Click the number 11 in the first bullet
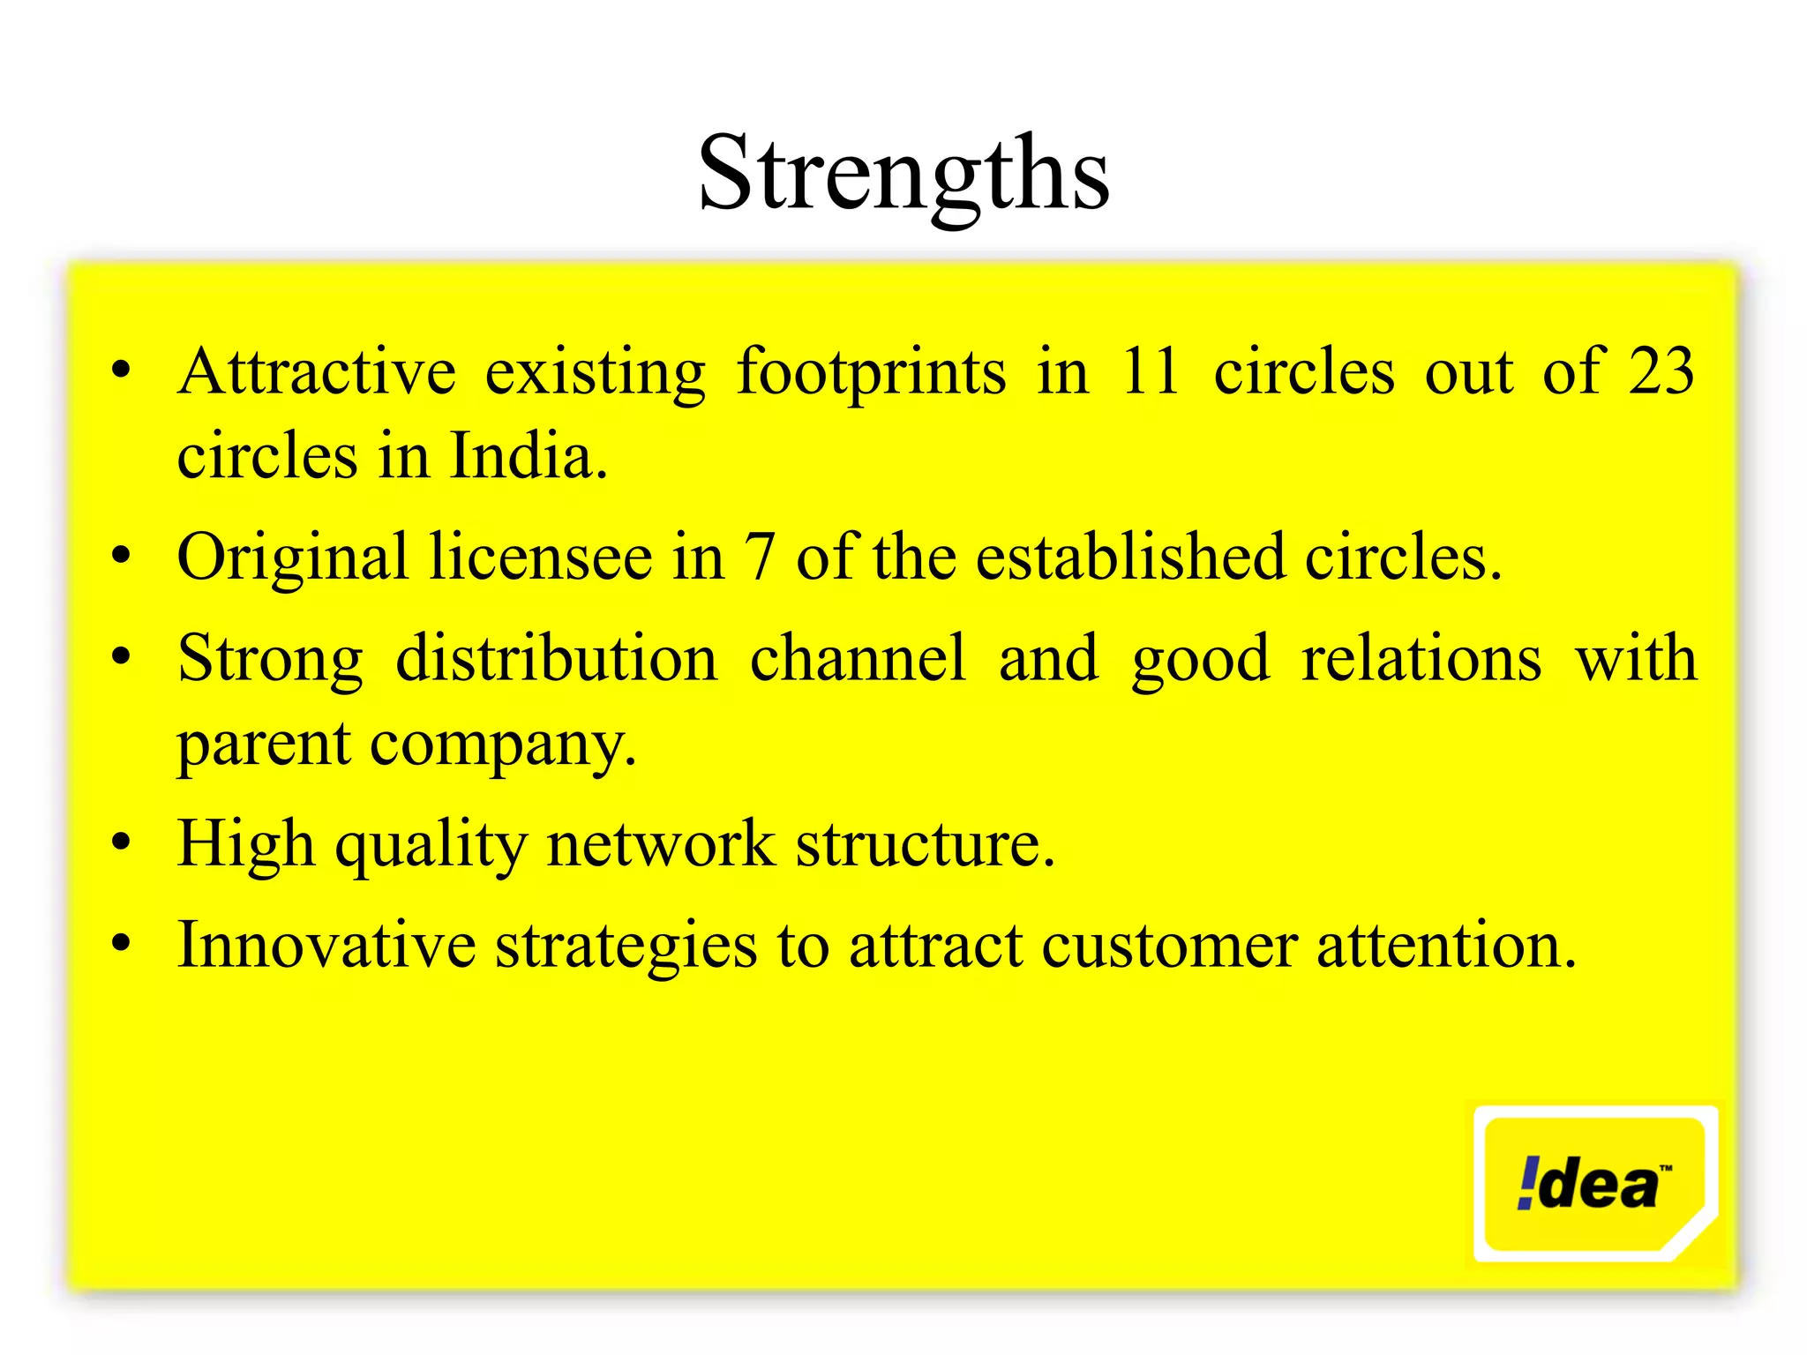click(1150, 371)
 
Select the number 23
click(1661, 371)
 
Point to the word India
click(527, 456)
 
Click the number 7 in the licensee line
click(759, 558)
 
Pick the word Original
click(292, 558)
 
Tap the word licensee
click(540, 558)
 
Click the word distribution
click(556, 659)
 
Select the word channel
click(858, 659)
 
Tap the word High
click(245, 844)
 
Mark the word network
click(661, 844)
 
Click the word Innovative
click(326, 946)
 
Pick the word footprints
click(871, 371)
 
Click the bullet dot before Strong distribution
click(122, 656)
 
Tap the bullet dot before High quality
click(122, 842)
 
